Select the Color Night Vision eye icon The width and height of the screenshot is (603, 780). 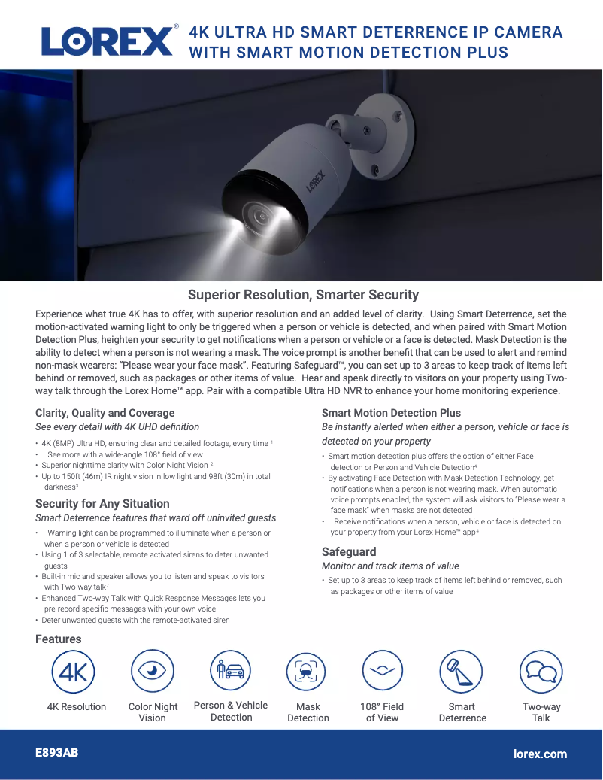pos(153,672)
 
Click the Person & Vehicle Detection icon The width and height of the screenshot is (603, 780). pos(230,671)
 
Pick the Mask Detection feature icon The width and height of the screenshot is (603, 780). pos(308,672)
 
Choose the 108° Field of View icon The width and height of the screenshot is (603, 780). pos(383,672)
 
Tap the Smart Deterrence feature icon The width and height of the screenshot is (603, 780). pos(461,672)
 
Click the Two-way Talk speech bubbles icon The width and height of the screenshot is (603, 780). pos(541,672)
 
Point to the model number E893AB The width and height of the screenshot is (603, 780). pos(57,753)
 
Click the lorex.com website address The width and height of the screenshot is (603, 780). pos(540,754)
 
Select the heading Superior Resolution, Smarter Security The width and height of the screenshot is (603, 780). pos(303,295)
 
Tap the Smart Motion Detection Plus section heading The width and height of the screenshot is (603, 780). pos(391,413)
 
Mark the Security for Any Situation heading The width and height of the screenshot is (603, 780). pos(102,504)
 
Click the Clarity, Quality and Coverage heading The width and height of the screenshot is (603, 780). pos(105,413)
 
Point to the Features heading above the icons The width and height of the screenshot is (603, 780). pos(58,639)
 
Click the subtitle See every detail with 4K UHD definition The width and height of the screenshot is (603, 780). pos(117,427)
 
